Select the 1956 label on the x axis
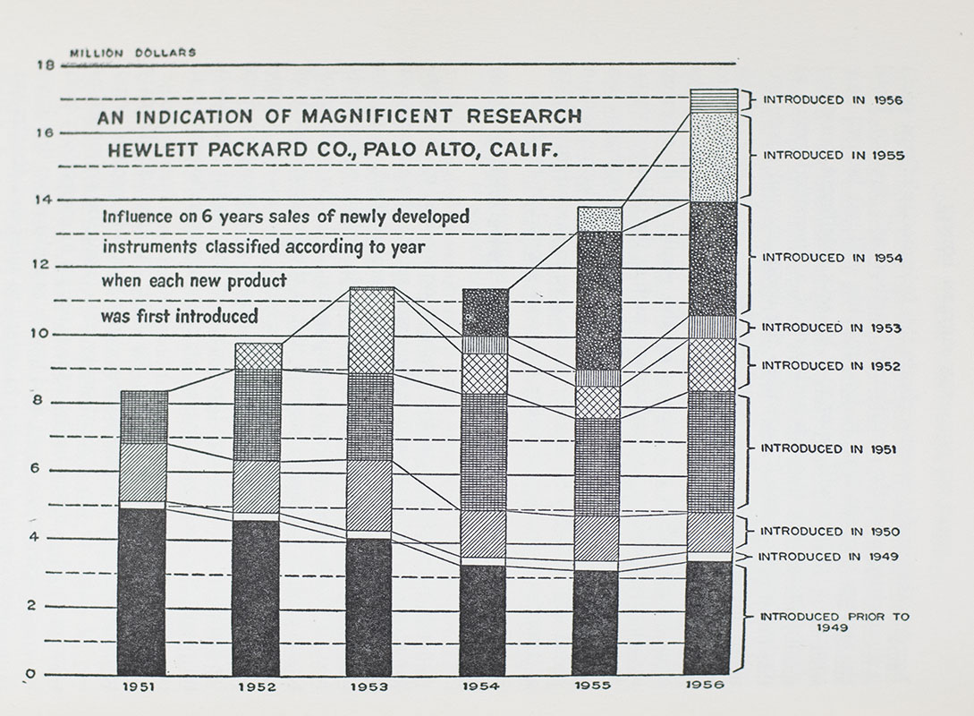coord(713,686)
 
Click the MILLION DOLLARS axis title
coord(132,53)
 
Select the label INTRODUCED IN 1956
coord(832,100)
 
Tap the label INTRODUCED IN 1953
coord(831,328)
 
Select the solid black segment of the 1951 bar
coord(142,591)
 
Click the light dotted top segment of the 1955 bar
coord(599,219)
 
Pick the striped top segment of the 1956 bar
coord(713,100)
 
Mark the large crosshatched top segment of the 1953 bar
coord(370,330)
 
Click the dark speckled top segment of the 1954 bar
coord(484,312)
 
